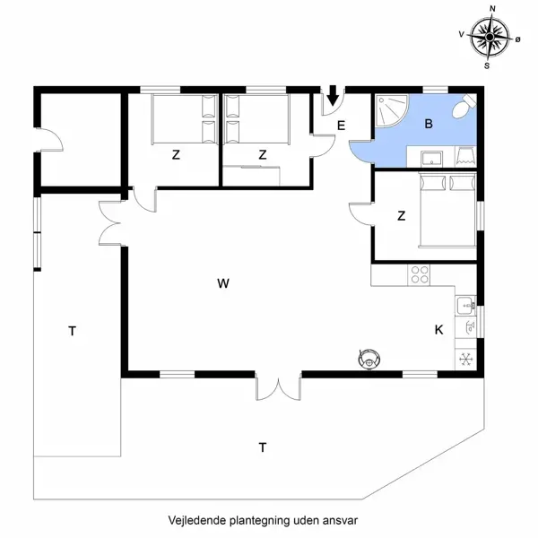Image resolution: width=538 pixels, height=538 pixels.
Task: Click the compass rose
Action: pyautogui.click(x=490, y=38)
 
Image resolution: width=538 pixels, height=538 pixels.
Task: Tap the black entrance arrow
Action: pyautogui.click(x=333, y=94)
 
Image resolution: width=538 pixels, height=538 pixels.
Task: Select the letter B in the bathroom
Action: pyautogui.click(x=429, y=124)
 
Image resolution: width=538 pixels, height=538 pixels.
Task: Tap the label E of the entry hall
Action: pyautogui.click(x=342, y=126)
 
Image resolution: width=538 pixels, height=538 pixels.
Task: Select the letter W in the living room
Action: pyautogui.click(x=223, y=283)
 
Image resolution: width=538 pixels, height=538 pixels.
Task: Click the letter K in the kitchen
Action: pyautogui.click(x=438, y=330)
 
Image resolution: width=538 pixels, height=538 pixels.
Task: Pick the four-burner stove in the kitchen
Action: pyautogui.click(x=419, y=275)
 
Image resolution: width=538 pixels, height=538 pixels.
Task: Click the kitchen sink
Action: pyautogui.click(x=466, y=306)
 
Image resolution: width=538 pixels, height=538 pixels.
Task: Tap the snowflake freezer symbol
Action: pyautogui.click(x=466, y=360)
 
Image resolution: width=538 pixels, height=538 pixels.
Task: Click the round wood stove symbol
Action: pyautogui.click(x=369, y=359)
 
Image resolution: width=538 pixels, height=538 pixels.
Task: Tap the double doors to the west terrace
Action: pyautogui.click(x=110, y=222)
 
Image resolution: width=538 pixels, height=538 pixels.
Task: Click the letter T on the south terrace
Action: pyautogui.click(x=263, y=446)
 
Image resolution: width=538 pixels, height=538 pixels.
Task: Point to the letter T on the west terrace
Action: pyautogui.click(x=72, y=332)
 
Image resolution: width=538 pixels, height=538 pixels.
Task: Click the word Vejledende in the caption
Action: pyautogui.click(x=196, y=520)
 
